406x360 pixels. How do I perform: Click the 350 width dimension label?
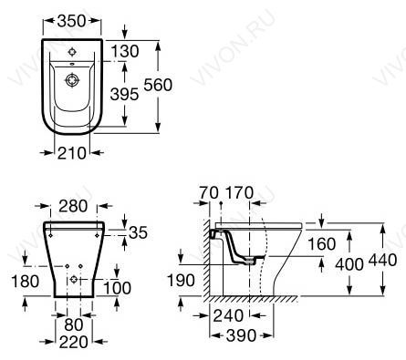pos(72,21)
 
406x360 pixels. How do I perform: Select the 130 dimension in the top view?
pos(125,51)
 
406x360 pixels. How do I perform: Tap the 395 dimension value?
pos(124,94)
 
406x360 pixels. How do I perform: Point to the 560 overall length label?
pos(158,85)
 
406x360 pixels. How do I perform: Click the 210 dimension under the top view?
pos(72,153)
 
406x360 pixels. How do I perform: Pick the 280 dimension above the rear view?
pos(73,206)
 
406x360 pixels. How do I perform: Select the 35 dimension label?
pos(138,232)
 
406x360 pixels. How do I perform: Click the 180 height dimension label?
pos(25,281)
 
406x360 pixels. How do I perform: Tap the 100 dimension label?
pos(118,288)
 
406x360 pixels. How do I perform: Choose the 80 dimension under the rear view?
pos(74,324)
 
